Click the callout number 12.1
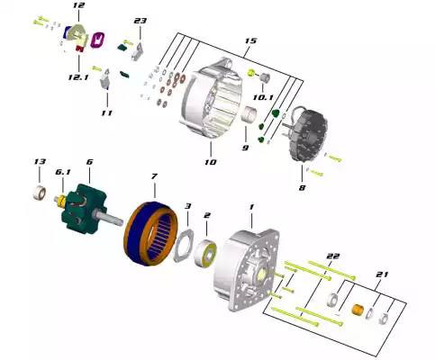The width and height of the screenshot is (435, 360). (78, 77)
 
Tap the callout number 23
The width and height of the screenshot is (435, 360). (140, 21)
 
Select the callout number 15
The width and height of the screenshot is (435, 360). (250, 40)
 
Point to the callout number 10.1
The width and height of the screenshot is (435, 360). (263, 97)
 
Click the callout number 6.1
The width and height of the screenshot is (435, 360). (63, 172)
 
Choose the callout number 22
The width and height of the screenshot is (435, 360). (333, 256)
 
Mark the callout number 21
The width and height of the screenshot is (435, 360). (382, 274)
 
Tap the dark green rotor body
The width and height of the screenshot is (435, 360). (84, 209)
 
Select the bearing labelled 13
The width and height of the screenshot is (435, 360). (40, 193)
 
